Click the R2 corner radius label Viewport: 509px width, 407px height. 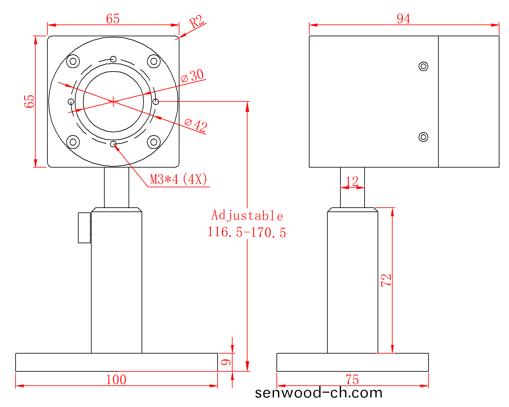point(197,21)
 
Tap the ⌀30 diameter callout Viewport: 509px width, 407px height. point(192,76)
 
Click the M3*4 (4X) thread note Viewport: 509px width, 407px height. point(178,179)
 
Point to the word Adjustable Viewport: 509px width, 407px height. point(247,216)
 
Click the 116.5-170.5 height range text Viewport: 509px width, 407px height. point(247,232)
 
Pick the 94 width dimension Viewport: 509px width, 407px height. point(403,19)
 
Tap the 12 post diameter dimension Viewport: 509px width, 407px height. point(352,182)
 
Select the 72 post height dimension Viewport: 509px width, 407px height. point(386,280)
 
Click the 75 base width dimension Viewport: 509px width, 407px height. point(352,380)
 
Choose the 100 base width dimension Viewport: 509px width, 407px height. point(116,380)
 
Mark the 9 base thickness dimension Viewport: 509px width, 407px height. point(226,362)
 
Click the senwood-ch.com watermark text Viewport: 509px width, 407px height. point(318,393)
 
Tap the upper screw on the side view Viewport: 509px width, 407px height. point(423,66)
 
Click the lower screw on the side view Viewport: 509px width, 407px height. point(423,137)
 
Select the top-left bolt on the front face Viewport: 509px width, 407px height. point(73,61)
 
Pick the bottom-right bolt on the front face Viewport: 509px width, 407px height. point(154,142)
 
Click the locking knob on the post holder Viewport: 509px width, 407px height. point(84,228)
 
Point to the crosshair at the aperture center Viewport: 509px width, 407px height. point(113,102)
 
